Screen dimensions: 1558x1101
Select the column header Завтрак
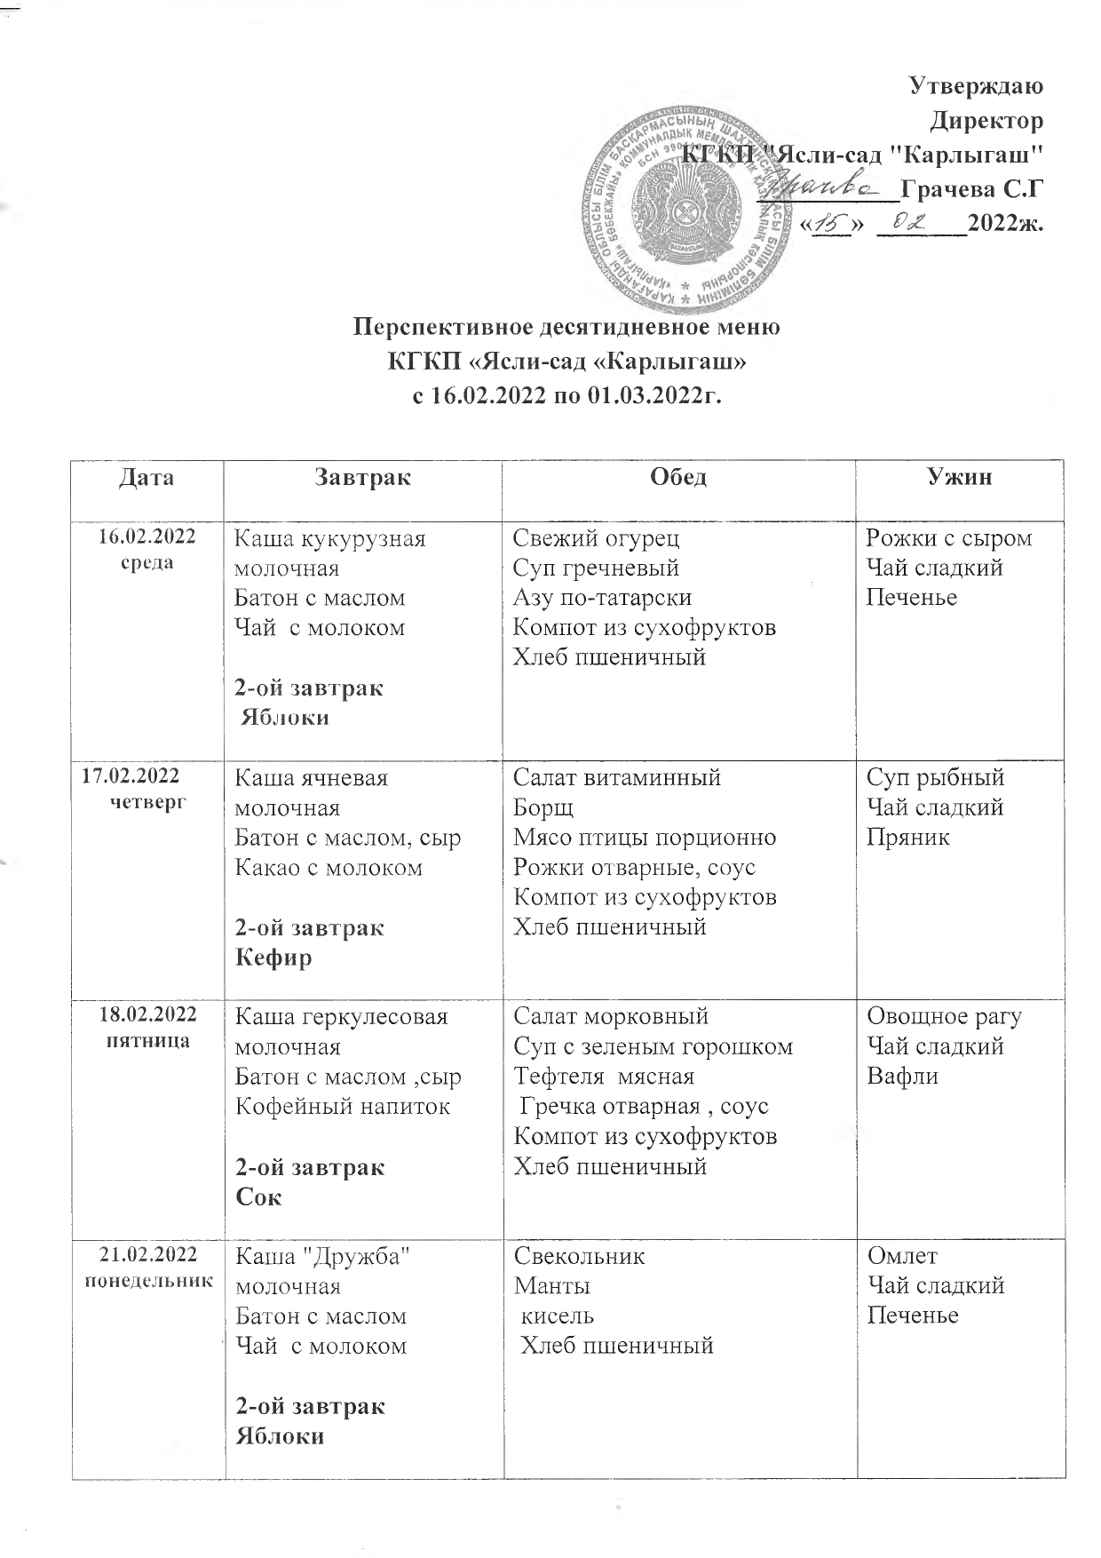click(x=362, y=478)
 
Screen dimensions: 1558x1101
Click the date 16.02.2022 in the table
click(x=147, y=536)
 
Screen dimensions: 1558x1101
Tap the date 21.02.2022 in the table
click(x=147, y=1254)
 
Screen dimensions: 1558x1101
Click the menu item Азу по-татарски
click(x=602, y=597)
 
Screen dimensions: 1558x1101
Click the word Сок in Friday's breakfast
click(x=257, y=1197)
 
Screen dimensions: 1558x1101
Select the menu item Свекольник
click(x=580, y=1255)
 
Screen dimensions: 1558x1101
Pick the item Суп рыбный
click(x=935, y=777)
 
